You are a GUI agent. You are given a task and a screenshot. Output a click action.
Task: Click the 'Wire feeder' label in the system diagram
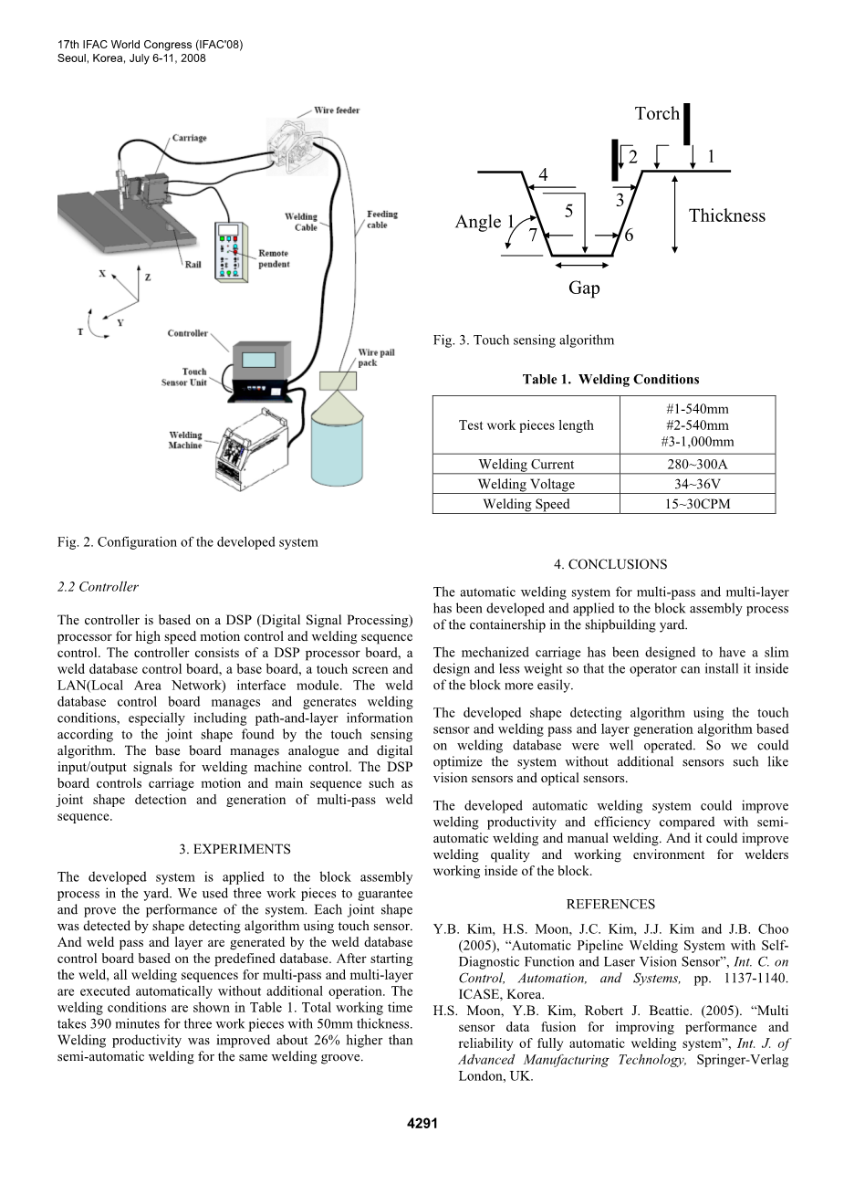[337, 110]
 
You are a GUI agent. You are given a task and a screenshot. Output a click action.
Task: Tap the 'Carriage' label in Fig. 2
[189, 138]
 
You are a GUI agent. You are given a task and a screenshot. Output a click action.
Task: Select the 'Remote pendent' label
[274, 258]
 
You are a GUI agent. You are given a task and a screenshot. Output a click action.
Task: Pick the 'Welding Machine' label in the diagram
[185, 440]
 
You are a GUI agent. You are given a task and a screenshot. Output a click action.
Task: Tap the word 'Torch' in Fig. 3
[657, 113]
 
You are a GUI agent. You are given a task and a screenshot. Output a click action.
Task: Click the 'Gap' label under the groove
[584, 288]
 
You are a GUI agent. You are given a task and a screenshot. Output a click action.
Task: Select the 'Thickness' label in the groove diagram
[726, 215]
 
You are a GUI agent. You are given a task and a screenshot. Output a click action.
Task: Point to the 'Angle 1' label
[485, 222]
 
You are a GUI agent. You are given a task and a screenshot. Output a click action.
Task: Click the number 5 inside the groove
[568, 211]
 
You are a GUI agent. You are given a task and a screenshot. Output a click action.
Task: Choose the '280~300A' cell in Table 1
[697, 464]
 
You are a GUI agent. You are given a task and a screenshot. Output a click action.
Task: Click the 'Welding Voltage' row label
[526, 484]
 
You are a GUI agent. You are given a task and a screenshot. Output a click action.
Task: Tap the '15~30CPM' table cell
[697, 504]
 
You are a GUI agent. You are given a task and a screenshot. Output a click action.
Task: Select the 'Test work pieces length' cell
[526, 425]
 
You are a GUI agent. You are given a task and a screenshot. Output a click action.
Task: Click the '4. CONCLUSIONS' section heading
[610, 564]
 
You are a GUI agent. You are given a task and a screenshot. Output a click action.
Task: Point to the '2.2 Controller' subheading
[98, 587]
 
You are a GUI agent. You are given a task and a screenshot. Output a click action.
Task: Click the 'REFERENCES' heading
[610, 904]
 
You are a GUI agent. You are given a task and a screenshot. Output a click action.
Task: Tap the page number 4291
[422, 1124]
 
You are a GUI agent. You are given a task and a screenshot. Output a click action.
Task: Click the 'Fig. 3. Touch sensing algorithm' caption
[524, 341]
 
